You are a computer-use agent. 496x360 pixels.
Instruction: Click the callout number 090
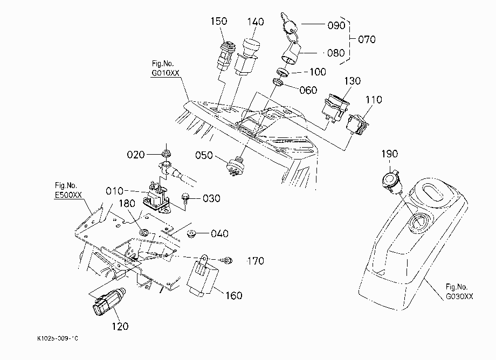[336, 25]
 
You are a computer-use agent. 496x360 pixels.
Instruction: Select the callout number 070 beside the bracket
[367, 39]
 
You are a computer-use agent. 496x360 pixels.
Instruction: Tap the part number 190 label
[389, 154]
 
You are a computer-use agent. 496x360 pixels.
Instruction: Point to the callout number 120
[120, 326]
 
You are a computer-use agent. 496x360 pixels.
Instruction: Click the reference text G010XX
[166, 73]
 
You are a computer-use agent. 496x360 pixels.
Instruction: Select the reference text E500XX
[68, 195]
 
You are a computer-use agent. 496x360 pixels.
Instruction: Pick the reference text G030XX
[459, 296]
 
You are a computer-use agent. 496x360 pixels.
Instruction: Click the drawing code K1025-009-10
[58, 338]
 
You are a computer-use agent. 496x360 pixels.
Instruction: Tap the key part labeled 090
[288, 22]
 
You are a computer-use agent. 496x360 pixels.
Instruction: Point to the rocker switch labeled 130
[335, 107]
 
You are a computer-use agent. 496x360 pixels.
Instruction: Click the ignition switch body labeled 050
[236, 166]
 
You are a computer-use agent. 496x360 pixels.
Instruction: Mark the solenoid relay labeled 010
[156, 198]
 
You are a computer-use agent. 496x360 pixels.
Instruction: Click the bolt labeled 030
[185, 199]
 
